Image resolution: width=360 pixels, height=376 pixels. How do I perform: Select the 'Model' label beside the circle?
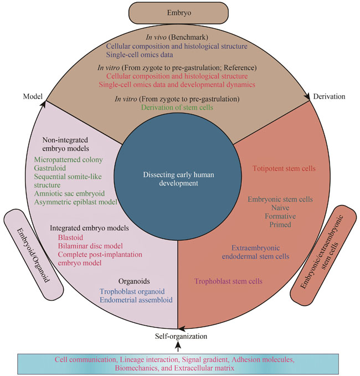click(x=34, y=96)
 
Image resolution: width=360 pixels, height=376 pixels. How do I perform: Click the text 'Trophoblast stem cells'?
click(x=228, y=281)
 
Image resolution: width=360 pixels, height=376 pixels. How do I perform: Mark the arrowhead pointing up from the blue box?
click(x=178, y=346)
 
